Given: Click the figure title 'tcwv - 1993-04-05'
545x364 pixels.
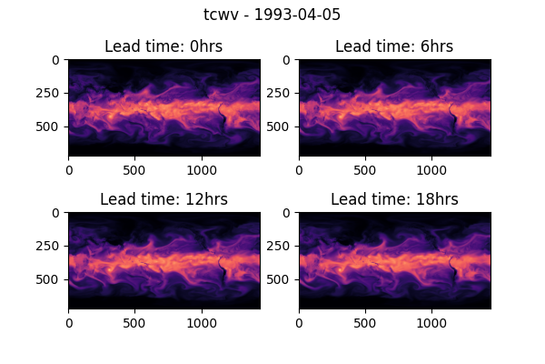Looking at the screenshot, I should tap(272, 15).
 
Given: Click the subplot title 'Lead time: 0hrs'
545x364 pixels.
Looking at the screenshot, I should tap(163, 46).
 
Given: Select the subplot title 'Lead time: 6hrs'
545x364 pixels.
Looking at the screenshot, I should tap(394, 46).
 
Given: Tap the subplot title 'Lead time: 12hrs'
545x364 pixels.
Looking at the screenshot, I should tap(163, 199).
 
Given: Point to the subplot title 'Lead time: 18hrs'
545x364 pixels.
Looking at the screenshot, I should tap(394, 199).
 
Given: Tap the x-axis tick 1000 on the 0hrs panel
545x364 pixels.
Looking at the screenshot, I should tap(202, 169).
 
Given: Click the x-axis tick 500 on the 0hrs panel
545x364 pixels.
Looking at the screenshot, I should tap(134, 169).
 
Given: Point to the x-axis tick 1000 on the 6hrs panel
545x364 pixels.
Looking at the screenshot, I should tap(432, 169).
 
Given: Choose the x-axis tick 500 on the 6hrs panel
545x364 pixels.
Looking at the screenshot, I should tap(365, 169).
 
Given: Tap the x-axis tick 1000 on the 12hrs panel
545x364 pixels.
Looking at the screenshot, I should tap(202, 322).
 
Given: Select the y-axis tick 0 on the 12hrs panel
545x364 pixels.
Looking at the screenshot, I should tap(56, 213).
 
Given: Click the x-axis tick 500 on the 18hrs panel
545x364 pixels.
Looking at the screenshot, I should tap(365, 322).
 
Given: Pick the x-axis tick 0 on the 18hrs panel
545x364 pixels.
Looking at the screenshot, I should tap(299, 322).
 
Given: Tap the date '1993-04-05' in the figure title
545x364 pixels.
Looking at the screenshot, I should tap(292, 15).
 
